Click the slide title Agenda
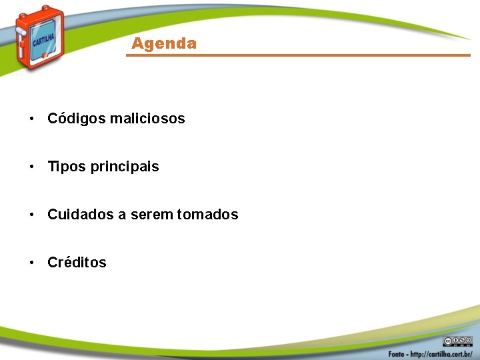[x=164, y=44]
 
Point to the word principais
[x=125, y=167]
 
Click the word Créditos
[x=77, y=263]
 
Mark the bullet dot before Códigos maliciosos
[x=31, y=119]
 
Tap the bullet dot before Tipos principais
[x=31, y=167]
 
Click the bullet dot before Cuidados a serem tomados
[x=31, y=215]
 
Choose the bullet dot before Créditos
[x=31, y=263]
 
